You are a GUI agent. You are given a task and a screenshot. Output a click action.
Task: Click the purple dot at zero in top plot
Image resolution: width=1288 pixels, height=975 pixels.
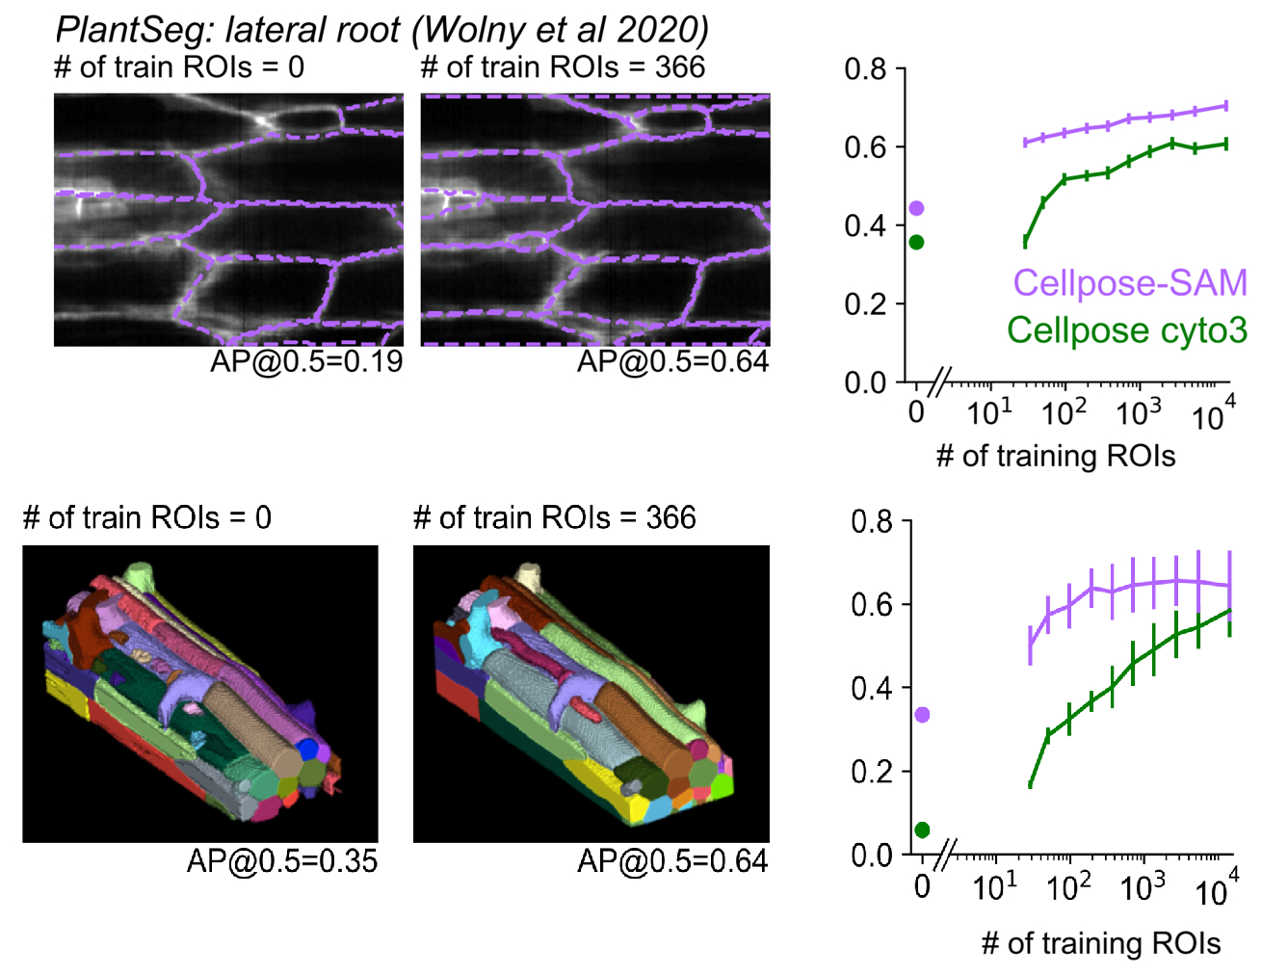[x=916, y=208]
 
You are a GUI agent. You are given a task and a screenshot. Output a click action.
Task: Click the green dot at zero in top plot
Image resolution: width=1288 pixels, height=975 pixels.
[x=916, y=242]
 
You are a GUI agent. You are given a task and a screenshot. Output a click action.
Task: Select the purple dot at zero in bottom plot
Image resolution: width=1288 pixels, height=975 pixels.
[x=922, y=715]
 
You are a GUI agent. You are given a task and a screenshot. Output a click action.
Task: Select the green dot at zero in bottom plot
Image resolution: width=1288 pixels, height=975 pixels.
[x=922, y=830]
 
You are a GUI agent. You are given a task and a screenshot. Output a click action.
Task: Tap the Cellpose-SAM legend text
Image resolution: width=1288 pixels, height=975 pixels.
[x=1129, y=282]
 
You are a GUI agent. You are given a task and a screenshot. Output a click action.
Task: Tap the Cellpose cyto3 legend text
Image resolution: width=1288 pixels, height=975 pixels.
[x=1126, y=330]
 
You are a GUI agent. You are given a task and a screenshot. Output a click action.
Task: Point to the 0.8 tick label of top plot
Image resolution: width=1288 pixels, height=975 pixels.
[x=864, y=69]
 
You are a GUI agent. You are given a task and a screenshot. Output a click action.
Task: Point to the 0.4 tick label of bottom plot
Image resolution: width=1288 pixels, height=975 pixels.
[x=872, y=688]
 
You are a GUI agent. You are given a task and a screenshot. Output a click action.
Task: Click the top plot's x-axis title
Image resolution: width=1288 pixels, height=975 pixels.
[x=1055, y=456]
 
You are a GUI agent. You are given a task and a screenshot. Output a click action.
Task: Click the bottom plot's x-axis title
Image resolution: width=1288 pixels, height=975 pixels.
[x=1100, y=943]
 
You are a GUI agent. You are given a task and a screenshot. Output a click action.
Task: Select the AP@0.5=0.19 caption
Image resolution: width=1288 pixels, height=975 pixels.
[x=306, y=361]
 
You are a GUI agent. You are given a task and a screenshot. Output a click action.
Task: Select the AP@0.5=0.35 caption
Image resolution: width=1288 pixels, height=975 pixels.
[x=282, y=860]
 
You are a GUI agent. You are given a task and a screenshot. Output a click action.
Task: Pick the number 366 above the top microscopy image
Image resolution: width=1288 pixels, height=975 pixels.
[x=679, y=66]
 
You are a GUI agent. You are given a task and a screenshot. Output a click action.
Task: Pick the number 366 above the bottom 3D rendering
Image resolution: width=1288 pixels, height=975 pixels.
[x=670, y=517]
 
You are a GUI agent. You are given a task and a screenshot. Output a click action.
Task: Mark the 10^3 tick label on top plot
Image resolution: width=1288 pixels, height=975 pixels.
[x=1138, y=412]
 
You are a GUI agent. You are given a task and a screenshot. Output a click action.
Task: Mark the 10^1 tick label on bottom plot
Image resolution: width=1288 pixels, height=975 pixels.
[x=994, y=885]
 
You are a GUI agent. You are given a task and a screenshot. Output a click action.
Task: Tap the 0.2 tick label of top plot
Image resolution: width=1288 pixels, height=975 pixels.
[x=864, y=304]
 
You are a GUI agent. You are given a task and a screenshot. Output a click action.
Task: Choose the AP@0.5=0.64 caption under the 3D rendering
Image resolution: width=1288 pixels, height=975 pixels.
[x=672, y=860]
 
